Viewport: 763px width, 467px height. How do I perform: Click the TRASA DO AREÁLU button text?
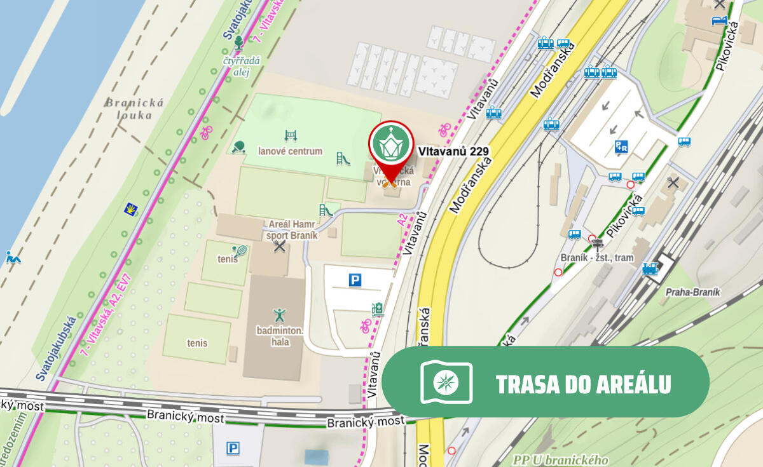click(x=583, y=384)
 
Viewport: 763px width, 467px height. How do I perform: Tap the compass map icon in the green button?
click(x=446, y=382)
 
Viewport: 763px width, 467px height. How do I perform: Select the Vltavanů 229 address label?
click(x=453, y=151)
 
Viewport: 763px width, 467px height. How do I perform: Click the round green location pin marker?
click(x=390, y=144)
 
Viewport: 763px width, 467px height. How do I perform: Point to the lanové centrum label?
click(x=290, y=151)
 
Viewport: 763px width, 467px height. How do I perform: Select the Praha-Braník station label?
click(x=692, y=292)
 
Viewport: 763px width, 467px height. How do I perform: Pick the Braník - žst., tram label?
click(x=598, y=257)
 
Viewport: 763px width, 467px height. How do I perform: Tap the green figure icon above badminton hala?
click(x=279, y=315)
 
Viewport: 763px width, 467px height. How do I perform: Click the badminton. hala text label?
click(x=280, y=336)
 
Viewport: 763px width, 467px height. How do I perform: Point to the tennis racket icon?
click(x=240, y=252)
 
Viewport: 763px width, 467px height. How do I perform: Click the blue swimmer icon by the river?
click(x=13, y=257)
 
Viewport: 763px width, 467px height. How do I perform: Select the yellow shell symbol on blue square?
click(x=132, y=210)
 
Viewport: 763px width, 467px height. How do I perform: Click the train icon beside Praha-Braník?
click(x=650, y=269)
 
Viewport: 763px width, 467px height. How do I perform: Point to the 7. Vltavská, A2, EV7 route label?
click(x=106, y=315)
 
